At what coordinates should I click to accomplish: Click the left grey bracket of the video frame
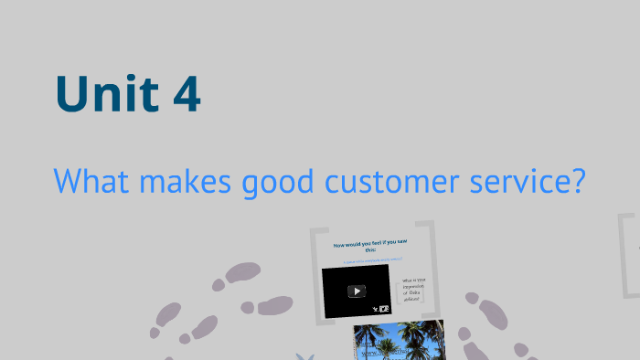click(317, 274)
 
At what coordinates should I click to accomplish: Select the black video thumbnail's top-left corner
click(324, 268)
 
